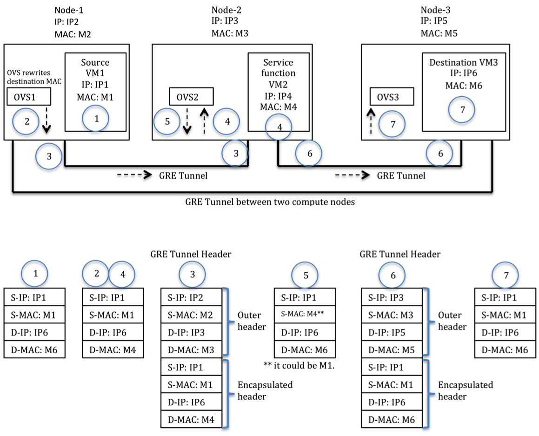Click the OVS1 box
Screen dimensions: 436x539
pos(29,98)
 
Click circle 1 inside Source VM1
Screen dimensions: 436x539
pos(97,119)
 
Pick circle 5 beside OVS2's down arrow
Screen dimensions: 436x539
pos(168,121)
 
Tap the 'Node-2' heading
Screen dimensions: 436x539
pos(226,10)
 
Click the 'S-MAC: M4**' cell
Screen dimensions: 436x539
pos(305,315)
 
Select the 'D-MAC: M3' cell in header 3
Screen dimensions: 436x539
pos(191,349)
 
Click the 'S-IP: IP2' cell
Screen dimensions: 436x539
pos(191,297)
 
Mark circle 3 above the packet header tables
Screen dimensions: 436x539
pos(193,275)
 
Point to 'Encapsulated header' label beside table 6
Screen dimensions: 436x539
pos(466,390)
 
